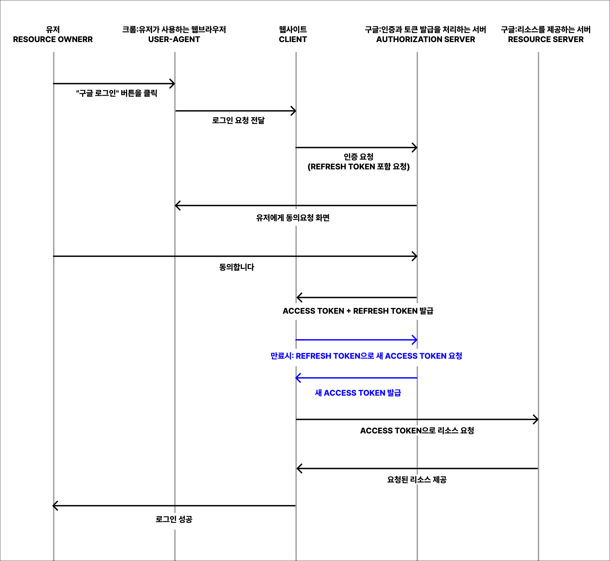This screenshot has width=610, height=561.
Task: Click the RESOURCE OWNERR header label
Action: click(53, 39)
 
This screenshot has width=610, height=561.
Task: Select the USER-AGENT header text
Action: click(174, 39)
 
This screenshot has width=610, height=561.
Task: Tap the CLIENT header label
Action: click(293, 39)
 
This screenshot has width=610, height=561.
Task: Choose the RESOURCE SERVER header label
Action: click(546, 39)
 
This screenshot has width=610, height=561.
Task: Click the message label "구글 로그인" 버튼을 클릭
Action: click(117, 93)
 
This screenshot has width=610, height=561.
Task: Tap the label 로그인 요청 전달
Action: click(238, 121)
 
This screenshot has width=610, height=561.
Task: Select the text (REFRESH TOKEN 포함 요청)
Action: click(359, 167)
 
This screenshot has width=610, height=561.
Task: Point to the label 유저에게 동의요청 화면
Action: click(293, 218)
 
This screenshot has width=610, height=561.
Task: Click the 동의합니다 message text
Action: click(237, 267)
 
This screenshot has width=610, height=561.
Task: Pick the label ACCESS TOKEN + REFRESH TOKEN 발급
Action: click(358, 311)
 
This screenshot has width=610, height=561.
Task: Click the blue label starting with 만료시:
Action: click(366, 356)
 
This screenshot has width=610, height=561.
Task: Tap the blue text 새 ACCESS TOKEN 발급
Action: click(358, 393)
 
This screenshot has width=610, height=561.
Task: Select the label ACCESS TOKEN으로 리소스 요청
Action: click(417, 430)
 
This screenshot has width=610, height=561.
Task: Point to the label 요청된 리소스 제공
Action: click(417, 480)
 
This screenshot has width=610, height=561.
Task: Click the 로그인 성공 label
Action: click(174, 519)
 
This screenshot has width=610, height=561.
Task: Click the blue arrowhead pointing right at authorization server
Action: click(415, 340)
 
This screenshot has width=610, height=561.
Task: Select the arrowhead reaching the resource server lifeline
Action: click(536, 419)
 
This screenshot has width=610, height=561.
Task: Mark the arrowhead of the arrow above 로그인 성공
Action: click(55, 506)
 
